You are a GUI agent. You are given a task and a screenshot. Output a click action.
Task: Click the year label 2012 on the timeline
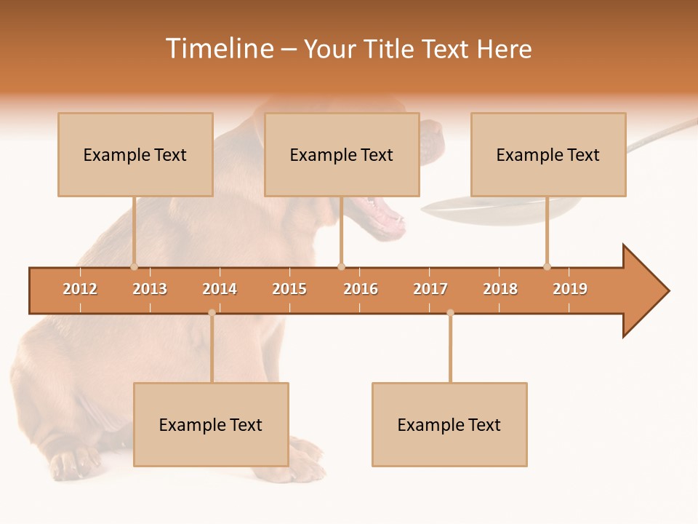pos(80,289)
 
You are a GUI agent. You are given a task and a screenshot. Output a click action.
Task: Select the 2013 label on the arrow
pos(150,289)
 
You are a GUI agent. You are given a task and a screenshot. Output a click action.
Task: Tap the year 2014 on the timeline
pos(220,289)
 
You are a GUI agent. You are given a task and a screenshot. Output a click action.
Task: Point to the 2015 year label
pos(289,289)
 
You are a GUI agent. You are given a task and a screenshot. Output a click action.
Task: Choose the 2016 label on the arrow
pos(361,289)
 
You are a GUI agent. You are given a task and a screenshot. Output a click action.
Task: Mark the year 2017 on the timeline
pos(430,289)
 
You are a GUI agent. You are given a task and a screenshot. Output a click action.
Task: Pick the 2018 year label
pos(500,289)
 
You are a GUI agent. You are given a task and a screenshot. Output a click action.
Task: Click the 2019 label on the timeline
pos(570,289)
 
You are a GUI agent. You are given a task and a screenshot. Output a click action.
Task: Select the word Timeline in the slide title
pos(219,49)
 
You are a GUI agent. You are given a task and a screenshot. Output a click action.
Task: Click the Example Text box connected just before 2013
pos(135,154)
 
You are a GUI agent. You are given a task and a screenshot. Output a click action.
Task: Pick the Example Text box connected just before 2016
pos(342,154)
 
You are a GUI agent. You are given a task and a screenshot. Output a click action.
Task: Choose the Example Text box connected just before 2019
pos(548,154)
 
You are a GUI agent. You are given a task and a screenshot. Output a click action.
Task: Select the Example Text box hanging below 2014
pos(211,424)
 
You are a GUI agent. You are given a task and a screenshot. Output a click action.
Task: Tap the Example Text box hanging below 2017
pos(449,424)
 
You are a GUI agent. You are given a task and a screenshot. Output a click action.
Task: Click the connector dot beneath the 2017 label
pos(450,313)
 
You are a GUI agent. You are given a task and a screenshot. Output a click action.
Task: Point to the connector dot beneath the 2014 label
pos(212,313)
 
